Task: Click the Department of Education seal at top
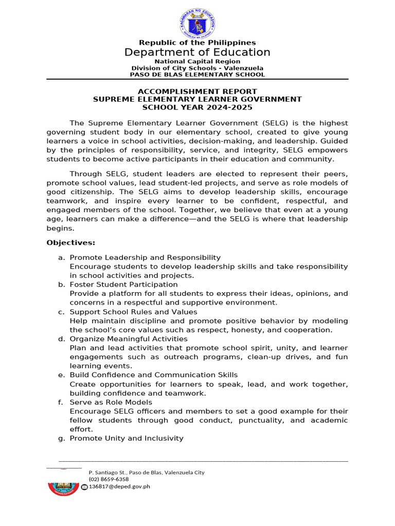pos(197,23)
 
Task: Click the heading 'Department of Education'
pos(197,52)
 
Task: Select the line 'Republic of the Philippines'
pos(197,43)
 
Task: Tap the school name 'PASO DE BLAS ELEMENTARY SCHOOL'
pos(197,74)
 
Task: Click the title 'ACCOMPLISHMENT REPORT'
pos(197,91)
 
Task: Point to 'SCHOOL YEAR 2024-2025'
pos(197,107)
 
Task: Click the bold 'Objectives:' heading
pos(71,242)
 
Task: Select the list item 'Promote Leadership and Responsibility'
pos(145,257)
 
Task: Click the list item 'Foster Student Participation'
pos(123,285)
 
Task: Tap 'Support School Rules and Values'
pos(133,312)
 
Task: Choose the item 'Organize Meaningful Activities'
pos(129,339)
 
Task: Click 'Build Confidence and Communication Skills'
pos(154,375)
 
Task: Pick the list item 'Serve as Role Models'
pos(111,402)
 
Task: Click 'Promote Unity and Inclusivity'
pos(127,438)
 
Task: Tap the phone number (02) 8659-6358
pos(109,479)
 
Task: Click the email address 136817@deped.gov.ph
pos(119,486)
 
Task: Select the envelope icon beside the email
pos(84,487)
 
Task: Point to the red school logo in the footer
pos(63,484)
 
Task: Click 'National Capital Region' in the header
pos(197,62)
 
